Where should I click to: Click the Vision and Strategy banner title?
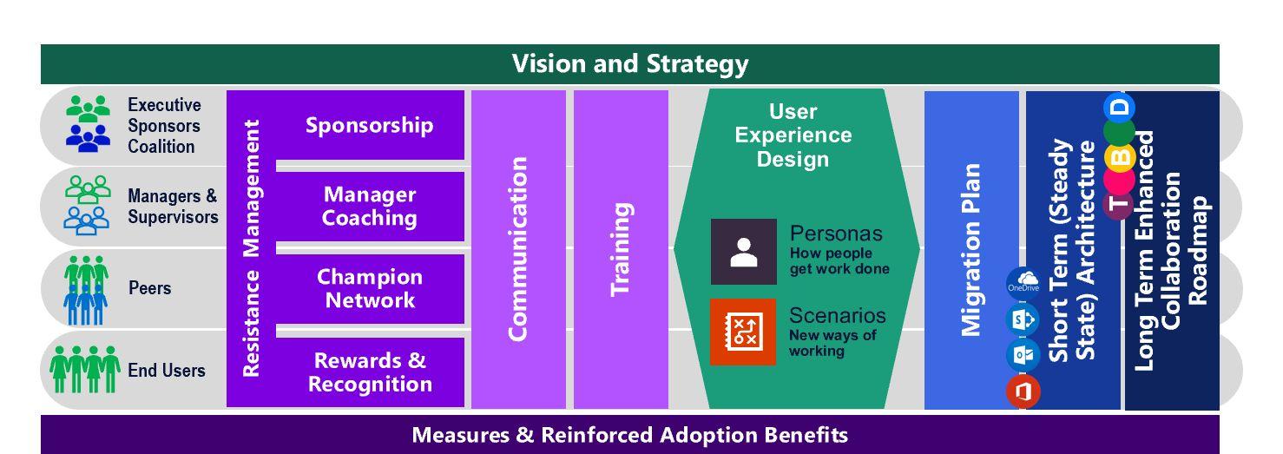629,64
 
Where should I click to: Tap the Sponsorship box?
369,125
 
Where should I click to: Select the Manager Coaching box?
369,207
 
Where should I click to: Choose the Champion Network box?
369,288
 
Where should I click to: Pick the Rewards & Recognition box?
369,372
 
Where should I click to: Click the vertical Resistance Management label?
251,248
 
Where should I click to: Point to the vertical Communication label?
517,248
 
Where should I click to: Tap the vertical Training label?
620,248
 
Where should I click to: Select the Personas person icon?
743,252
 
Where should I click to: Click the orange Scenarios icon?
742,332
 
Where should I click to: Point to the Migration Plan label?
970,248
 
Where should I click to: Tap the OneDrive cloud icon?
1023,284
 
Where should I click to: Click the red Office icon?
1023,391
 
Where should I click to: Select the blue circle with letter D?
1120,107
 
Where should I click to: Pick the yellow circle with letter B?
1120,157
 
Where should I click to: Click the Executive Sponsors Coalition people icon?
89,125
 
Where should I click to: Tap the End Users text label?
167,371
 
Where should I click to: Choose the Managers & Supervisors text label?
173,207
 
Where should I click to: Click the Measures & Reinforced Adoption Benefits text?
629,434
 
